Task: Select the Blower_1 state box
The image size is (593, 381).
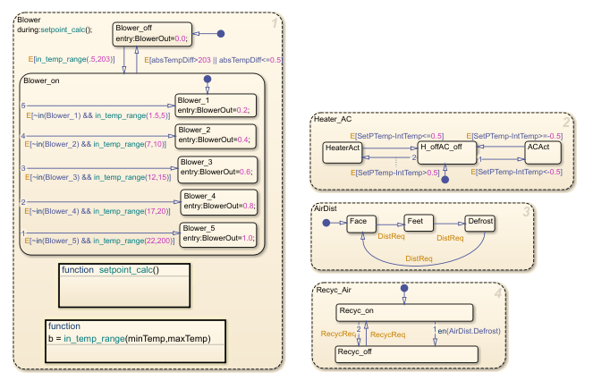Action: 215,106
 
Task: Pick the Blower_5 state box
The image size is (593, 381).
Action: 219,233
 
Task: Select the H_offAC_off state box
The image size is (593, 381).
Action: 444,152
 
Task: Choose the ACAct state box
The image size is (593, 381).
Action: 543,152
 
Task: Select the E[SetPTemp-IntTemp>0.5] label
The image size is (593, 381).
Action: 390,171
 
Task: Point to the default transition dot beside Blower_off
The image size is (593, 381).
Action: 219,34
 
